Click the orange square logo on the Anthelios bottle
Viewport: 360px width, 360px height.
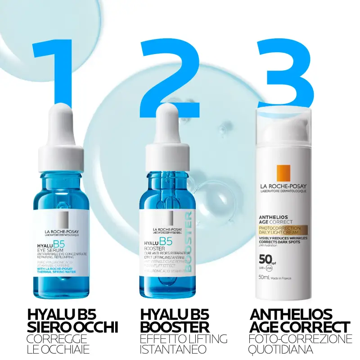pyautogui.click(x=284, y=174)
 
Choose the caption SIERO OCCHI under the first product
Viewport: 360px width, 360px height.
pyautogui.click(x=72, y=328)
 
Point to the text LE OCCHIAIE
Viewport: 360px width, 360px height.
pyautogui.click(x=58, y=349)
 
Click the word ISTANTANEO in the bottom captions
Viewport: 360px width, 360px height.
pyautogui.click(x=173, y=349)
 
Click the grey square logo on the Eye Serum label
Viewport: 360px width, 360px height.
pyautogui.click(x=58, y=219)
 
